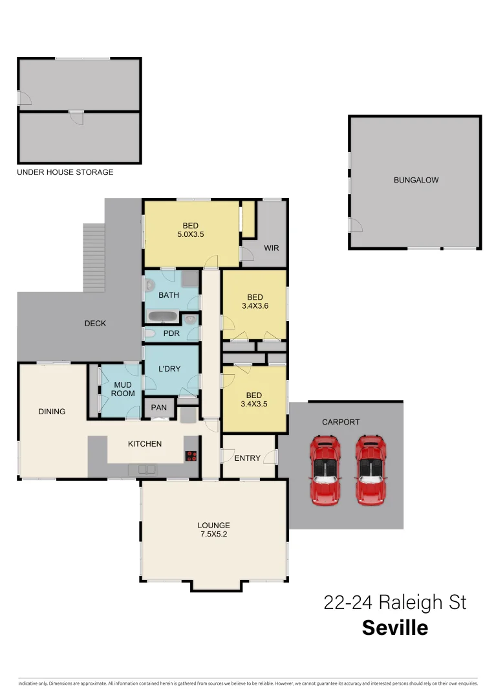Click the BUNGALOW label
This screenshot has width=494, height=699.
pyautogui.click(x=416, y=180)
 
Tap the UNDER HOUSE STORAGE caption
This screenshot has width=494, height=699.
pyautogui.click(x=65, y=172)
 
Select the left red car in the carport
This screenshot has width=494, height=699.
pyautogui.click(x=324, y=469)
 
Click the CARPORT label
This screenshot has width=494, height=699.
pyautogui.click(x=341, y=422)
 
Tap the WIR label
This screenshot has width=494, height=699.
pyautogui.click(x=272, y=248)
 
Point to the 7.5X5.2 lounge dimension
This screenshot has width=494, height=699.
pyautogui.click(x=213, y=535)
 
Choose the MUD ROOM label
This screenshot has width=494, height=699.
pyautogui.click(x=123, y=388)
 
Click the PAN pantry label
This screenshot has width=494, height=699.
pyautogui.click(x=158, y=408)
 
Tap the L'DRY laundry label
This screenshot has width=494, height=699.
pyautogui.click(x=169, y=369)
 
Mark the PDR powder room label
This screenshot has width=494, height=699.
pyautogui.click(x=171, y=334)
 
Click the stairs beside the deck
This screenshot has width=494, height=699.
pyautogui.click(x=94, y=258)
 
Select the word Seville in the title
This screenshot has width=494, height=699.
pyautogui.click(x=394, y=628)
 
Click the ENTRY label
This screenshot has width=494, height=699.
pyautogui.click(x=248, y=458)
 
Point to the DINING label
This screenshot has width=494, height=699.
pyautogui.click(x=52, y=411)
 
